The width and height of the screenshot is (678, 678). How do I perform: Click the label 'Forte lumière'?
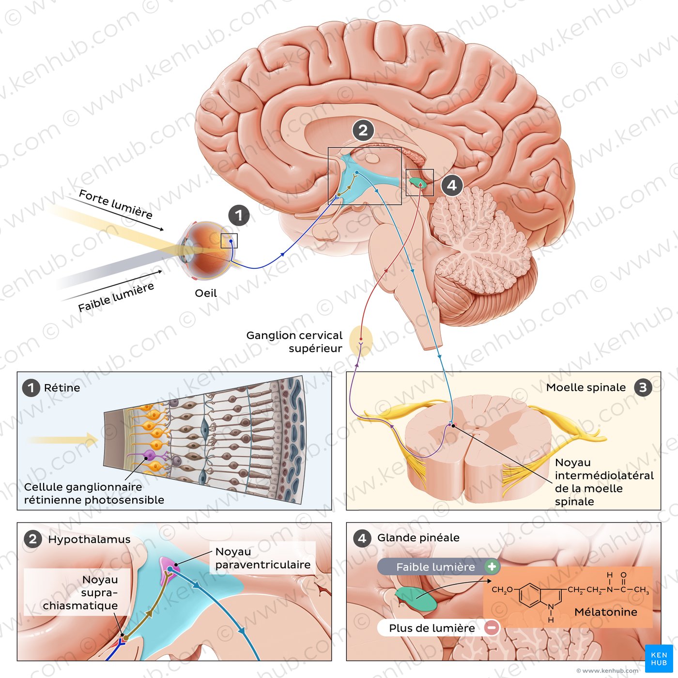click(115, 204)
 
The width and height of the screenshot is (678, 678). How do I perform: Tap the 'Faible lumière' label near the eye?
click(116, 297)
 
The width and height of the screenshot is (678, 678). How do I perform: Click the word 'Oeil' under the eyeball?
click(206, 293)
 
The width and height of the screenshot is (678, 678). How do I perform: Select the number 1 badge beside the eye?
click(238, 216)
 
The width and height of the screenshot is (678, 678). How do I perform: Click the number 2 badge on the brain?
click(363, 130)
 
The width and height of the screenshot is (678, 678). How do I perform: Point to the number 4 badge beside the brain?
click(452, 185)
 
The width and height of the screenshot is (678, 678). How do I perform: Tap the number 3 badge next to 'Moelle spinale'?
click(643, 387)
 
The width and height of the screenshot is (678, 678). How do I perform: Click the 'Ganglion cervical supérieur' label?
click(294, 341)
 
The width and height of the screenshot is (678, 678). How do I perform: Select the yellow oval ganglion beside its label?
click(361, 341)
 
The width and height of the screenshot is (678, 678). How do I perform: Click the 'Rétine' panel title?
click(62, 388)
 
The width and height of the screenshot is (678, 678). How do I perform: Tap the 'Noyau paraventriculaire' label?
click(262, 558)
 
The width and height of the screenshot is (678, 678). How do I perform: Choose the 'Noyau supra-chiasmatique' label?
click(80, 592)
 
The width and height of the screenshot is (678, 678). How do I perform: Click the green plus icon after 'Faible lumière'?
click(492, 567)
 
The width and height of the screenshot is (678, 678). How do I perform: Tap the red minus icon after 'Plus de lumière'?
click(491, 628)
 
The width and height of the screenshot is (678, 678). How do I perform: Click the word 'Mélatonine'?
click(605, 612)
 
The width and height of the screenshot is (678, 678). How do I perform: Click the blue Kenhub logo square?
click(659, 658)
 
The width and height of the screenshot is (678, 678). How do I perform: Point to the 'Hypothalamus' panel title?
click(89, 539)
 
